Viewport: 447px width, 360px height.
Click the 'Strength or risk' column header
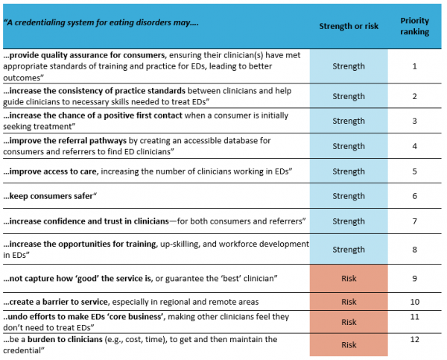tap(349, 26)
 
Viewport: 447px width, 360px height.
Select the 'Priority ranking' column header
tap(414, 26)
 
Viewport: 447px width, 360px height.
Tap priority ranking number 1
tap(414, 66)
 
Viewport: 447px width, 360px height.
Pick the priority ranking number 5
tap(414, 171)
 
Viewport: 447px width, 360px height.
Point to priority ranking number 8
tap(414, 250)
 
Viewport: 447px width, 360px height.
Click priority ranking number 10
tap(414, 302)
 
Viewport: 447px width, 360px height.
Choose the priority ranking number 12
tap(414, 339)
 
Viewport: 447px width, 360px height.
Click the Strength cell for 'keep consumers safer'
tap(349, 196)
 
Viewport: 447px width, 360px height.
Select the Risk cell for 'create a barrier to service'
tap(349, 302)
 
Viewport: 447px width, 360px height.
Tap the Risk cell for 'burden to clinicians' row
tap(349, 345)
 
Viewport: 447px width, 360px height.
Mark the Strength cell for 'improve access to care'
tap(349, 171)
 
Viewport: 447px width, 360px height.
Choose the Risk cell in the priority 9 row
tap(349, 278)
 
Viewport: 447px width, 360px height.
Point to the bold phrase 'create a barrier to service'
tap(56, 302)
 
